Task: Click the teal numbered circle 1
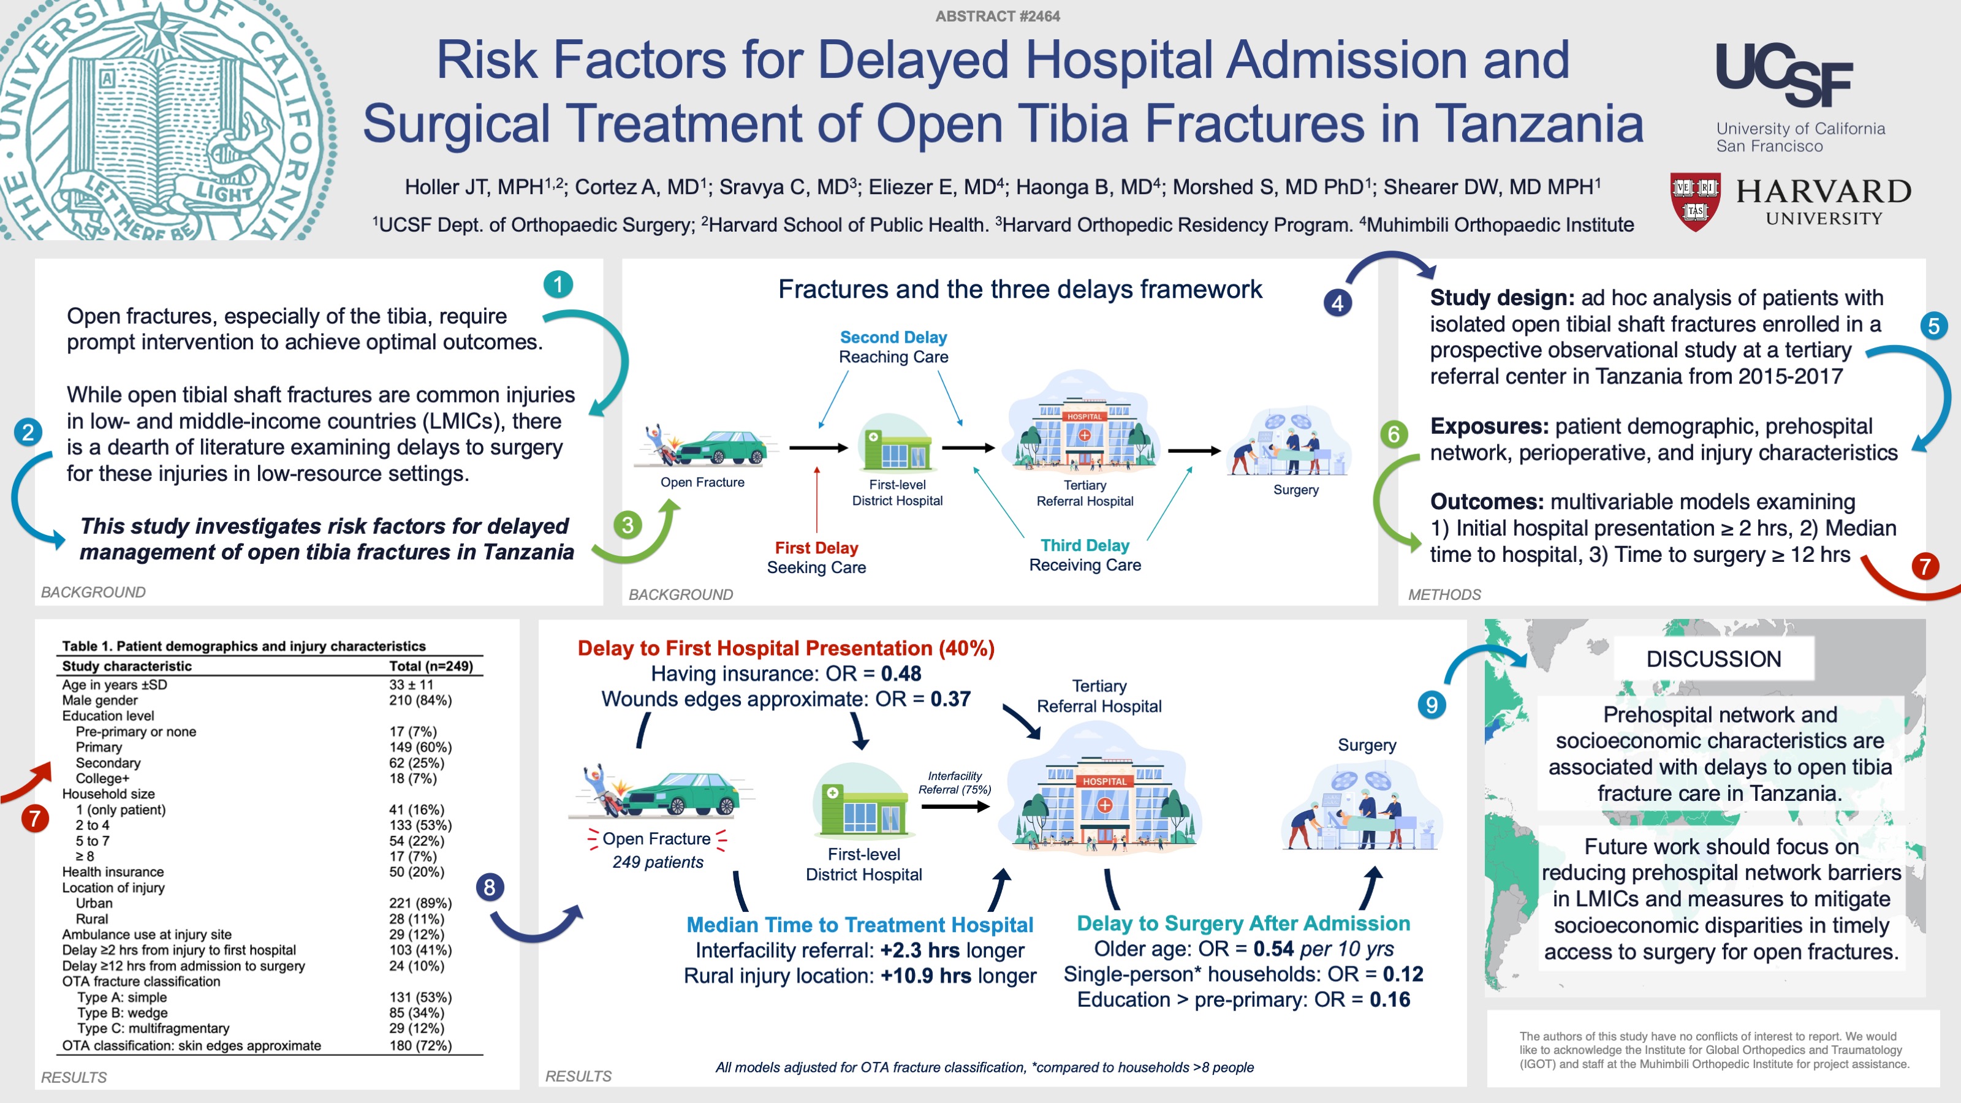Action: [x=558, y=285]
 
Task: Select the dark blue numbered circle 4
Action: [x=1338, y=303]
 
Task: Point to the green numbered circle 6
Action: [x=1394, y=434]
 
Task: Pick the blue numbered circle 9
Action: [x=1431, y=705]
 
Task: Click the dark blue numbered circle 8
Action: [x=490, y=887]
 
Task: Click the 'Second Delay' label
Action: [x=893, y=337]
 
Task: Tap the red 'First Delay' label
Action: [x=816, y=548]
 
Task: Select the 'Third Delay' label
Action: [x=1085, y=545]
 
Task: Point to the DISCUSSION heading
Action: [x=1713, y=659]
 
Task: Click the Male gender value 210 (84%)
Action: [x=420, y=700]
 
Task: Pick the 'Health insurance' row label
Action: [x=113, y=871]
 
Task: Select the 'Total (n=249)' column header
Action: [x=431, y=666]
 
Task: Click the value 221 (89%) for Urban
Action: [x=420, y=903]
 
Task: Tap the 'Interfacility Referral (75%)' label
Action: [x=955, y=783]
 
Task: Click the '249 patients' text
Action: [x=658, y=862]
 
